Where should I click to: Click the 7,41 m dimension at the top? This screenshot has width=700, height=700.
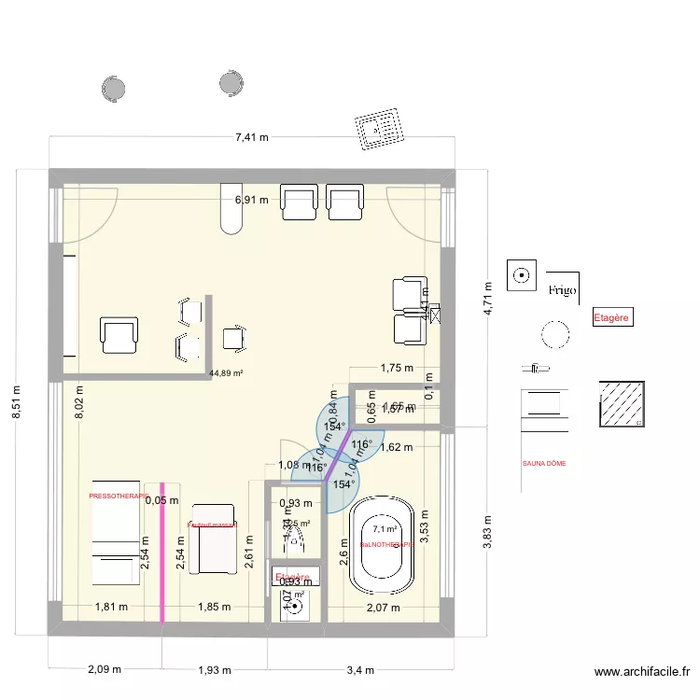click(x=251, y=137)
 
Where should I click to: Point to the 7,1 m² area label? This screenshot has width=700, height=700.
click(x=379, y=528)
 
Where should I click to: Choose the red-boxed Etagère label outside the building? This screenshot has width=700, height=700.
click(x=612, y=318)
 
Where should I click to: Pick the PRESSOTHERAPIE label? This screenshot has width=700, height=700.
click(x=119, y=497)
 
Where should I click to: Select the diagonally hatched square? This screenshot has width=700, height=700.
click(x=622, y=404)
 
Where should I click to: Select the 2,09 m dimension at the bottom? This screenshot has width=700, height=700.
click(x=104, y=670)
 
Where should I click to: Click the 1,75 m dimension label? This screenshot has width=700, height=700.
click(x=396, y=368)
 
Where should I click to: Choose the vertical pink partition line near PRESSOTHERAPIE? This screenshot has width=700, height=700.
click(x=162, y=551)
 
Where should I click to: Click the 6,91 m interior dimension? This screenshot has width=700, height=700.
click(x=251, y=200)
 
